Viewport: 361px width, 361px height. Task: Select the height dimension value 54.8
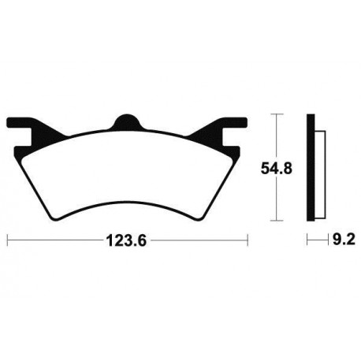coord(272,168)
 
